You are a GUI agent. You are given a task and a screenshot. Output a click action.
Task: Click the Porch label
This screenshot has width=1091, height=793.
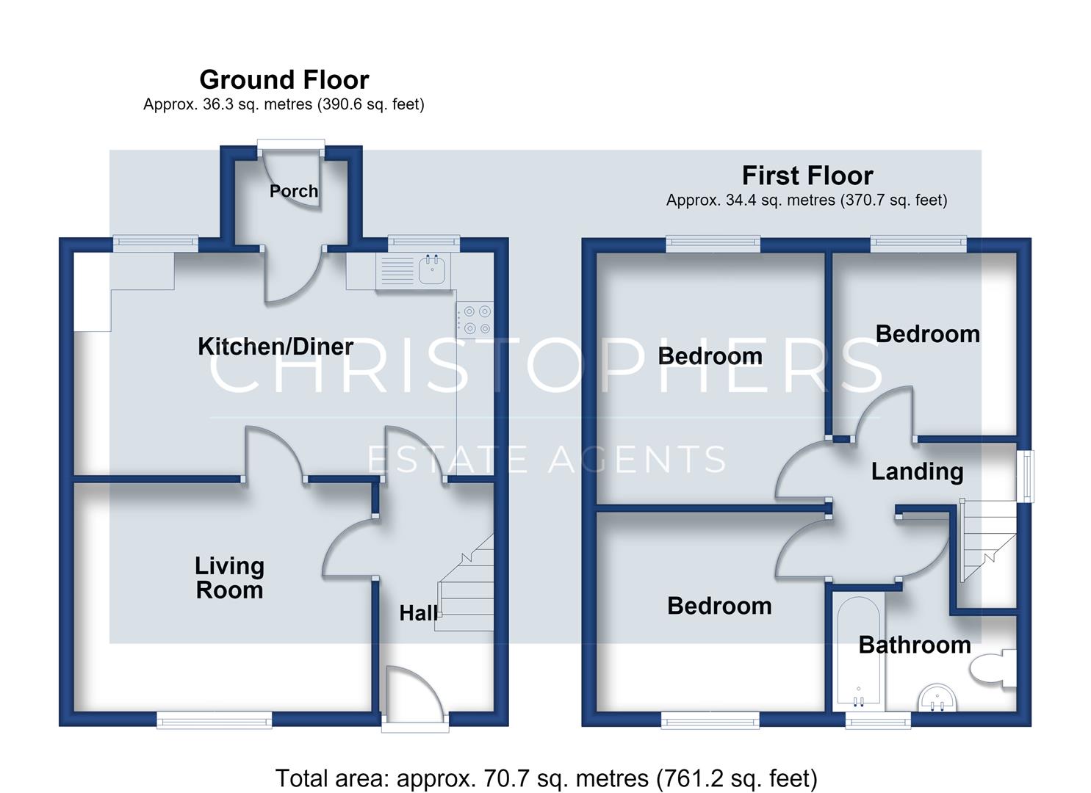pyautogui.click(x=294, y=191)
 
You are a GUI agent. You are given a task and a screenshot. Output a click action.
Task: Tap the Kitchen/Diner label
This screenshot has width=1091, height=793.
pyautogui.click(x=276, y=347)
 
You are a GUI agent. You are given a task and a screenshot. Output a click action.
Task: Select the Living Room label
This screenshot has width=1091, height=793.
pyautogui.click(x=229, y=578)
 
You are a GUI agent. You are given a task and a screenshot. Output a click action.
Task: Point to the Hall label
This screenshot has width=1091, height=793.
pyautogui.click(x=418, y=613)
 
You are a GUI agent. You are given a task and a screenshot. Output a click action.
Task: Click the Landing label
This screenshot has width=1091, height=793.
pyautogui.click(x=917, y=471)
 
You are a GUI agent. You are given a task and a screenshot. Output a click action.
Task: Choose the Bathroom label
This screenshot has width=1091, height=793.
pyautogui.click(x=914, y=645)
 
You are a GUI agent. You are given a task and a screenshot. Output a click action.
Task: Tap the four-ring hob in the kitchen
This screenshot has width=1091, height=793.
pyautogui.click(x=475, y=320)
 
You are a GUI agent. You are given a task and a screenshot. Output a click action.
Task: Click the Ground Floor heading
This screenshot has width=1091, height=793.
pyautogui.click(x=284, y=79)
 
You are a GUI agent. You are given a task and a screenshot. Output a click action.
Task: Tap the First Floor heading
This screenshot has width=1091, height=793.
pyautogui.click(x=807, y=175)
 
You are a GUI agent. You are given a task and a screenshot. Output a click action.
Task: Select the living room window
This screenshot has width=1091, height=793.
pyautogui.click(x=215, y=720)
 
